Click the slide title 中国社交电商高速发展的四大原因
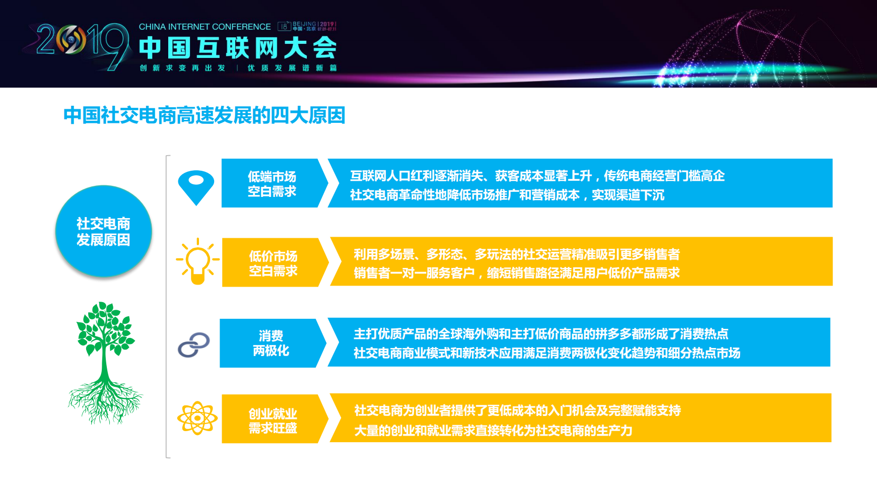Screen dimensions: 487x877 click(204, 115)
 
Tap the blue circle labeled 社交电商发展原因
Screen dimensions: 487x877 click(103, 232)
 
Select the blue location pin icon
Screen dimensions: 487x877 click(196, 186)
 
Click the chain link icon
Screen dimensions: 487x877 click(194, 345)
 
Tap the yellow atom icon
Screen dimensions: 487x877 click(197, 418)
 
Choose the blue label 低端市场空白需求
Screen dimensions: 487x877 click(272, 184)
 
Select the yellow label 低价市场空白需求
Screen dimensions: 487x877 click(273, 263)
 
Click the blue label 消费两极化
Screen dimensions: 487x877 click(271, 343)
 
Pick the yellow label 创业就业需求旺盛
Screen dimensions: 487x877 click(273, 421)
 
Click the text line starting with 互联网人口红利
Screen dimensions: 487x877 click(537, 176)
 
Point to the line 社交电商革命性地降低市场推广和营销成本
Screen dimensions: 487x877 click(507, 195)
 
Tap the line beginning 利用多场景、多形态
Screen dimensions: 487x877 click(516, 254)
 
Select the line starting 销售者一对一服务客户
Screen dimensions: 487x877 click(516, 273)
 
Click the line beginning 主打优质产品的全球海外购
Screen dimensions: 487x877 click(541, 334)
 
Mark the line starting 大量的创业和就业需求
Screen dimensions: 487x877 click(493, 431)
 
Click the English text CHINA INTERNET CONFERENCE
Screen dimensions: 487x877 click(205, 27)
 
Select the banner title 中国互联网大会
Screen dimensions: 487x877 click(238, 48)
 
